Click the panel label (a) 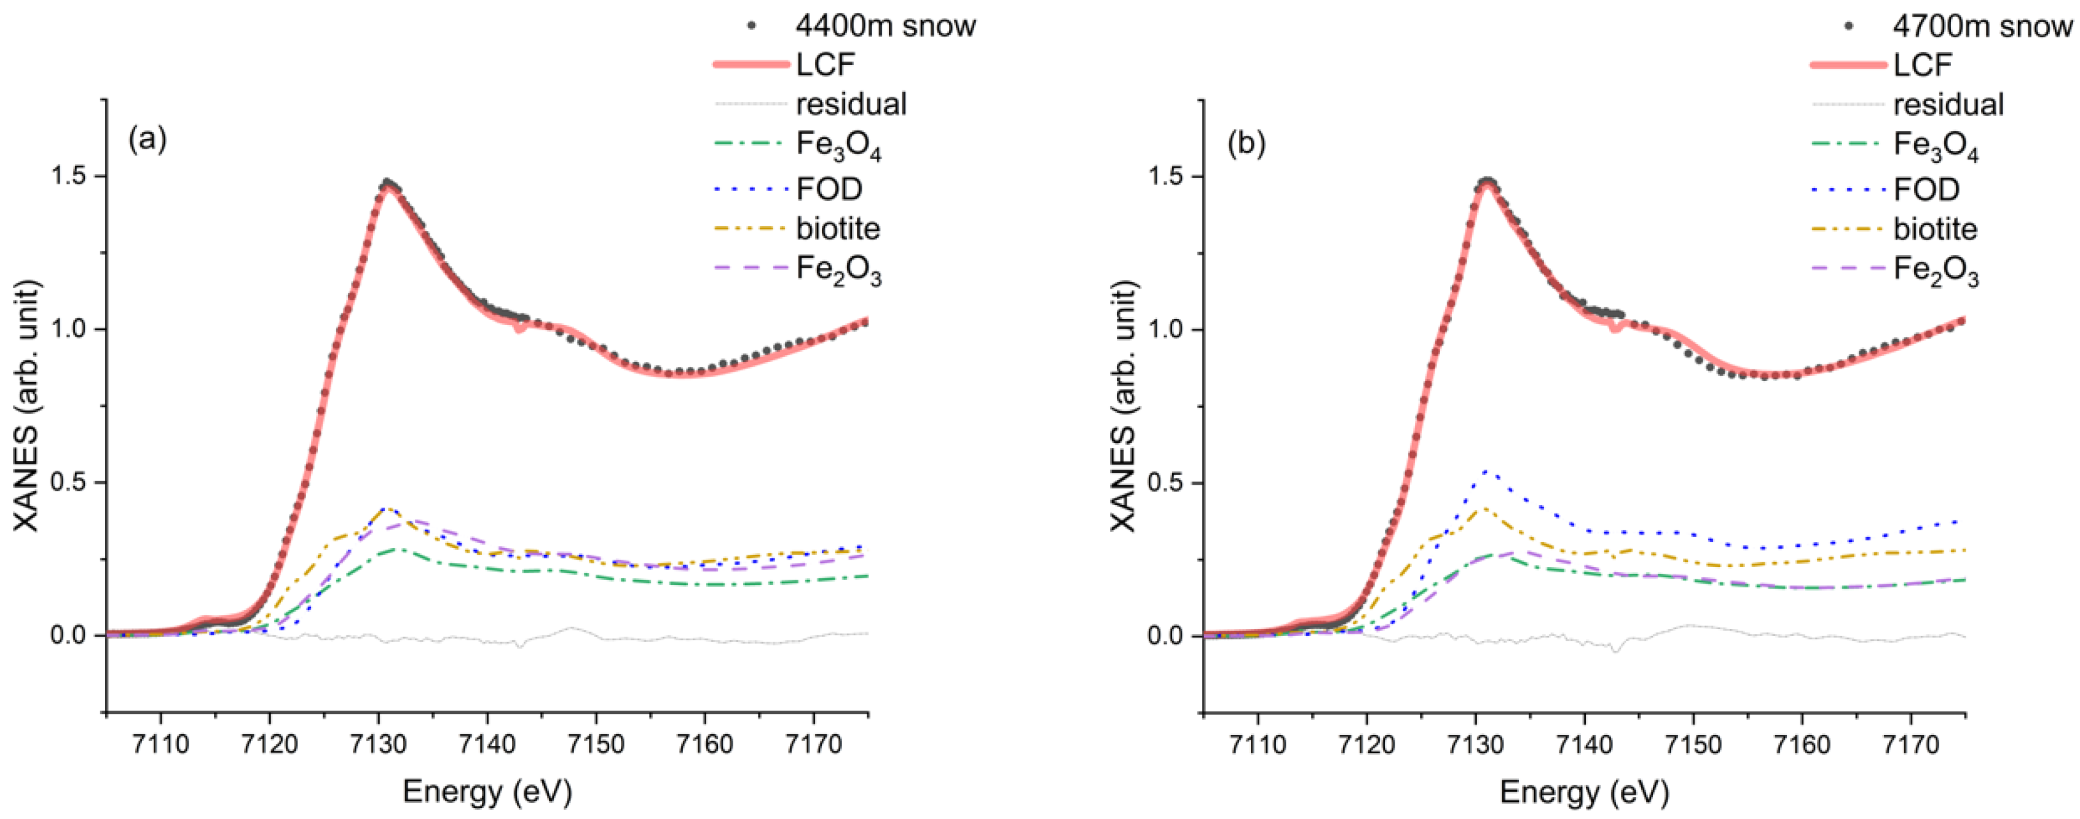pyautogui.click(x=148, y=141)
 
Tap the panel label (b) pyautogui.click(x=1246, y=144)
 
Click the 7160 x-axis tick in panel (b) pyautogui.click(x=1802, y=743)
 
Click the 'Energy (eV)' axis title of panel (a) pyautogui.click(x=487, y=791)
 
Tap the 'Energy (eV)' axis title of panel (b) pyautogui.click(x=1583, y=791)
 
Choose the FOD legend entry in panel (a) pyautogui.click(x=829, y=189)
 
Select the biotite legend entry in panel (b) pyautogui.click(x=1935, y=229)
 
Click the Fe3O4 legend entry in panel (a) pyautogui.click(x=838, y=146)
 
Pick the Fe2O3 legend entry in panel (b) pyautogui.click(x=1936, y=270)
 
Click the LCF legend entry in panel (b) pyautogui.click(x=1922, y=65)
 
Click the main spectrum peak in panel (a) pyautogui.click(x=388, y=182)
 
